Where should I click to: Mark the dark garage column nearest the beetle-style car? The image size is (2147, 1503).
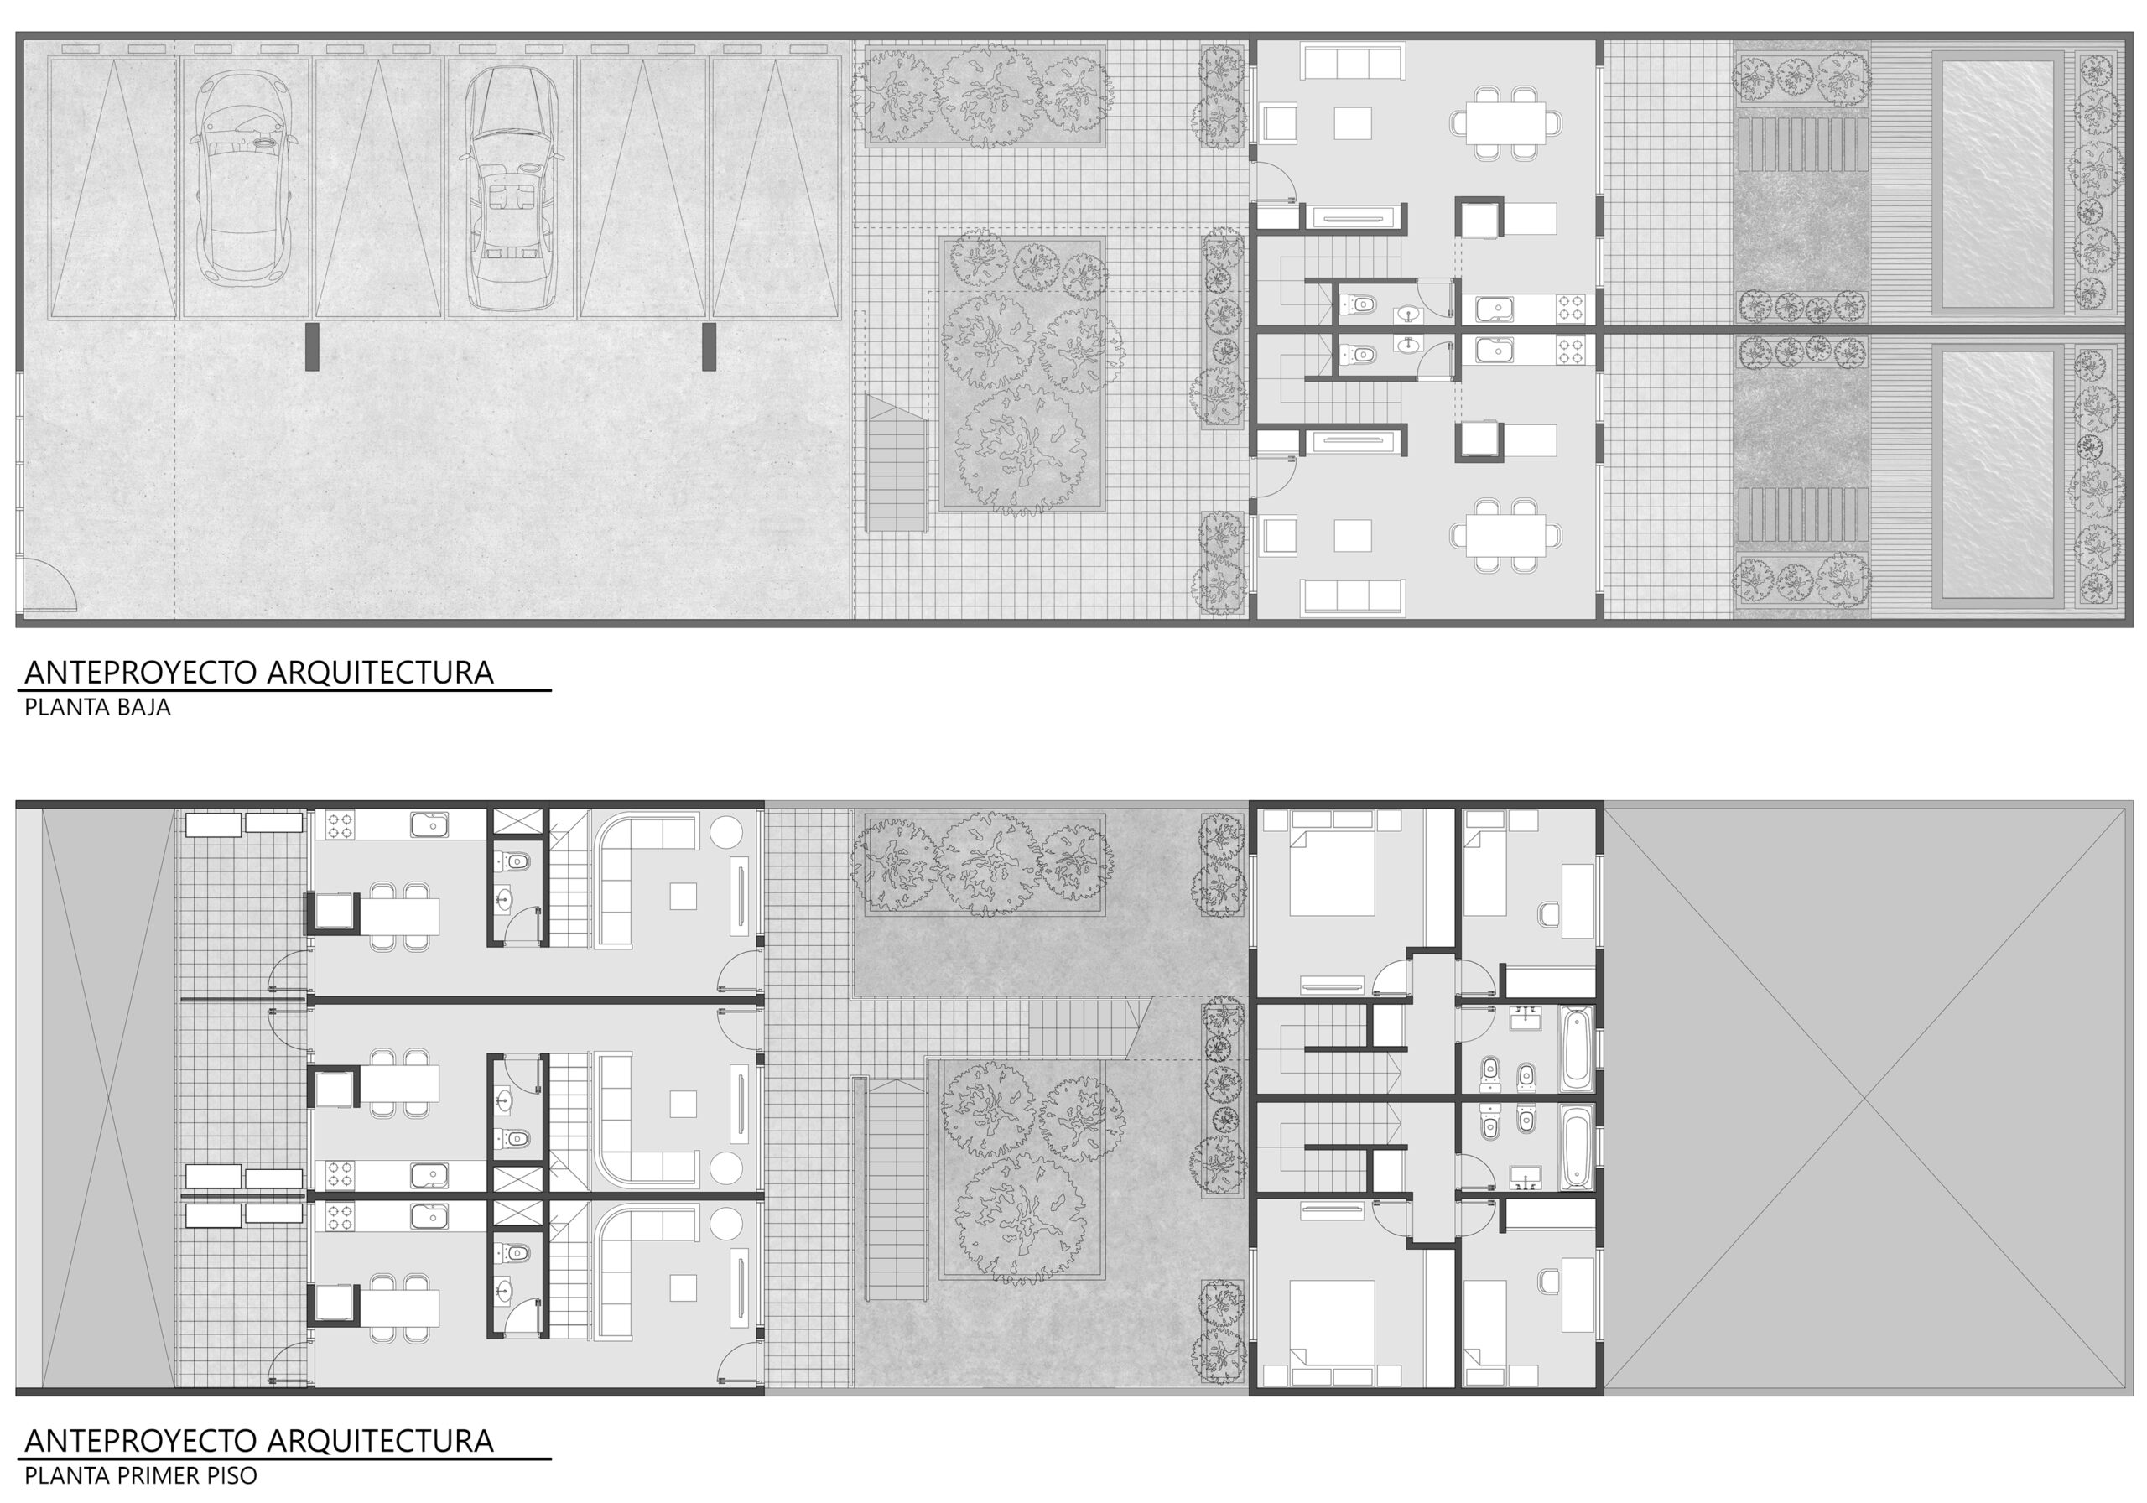point(311,347)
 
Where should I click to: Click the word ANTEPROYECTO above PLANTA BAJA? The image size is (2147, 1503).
point(141,673)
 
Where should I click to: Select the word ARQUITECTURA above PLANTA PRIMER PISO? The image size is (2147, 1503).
point(381,1441)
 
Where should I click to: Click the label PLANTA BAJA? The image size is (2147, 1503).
point(97,708)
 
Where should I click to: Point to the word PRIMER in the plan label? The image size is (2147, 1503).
point(163,1476)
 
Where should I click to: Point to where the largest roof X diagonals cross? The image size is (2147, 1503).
point(1868,1097)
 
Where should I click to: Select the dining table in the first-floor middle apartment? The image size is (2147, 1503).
point(399,1084)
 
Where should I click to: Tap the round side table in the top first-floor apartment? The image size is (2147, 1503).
point(726,832)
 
